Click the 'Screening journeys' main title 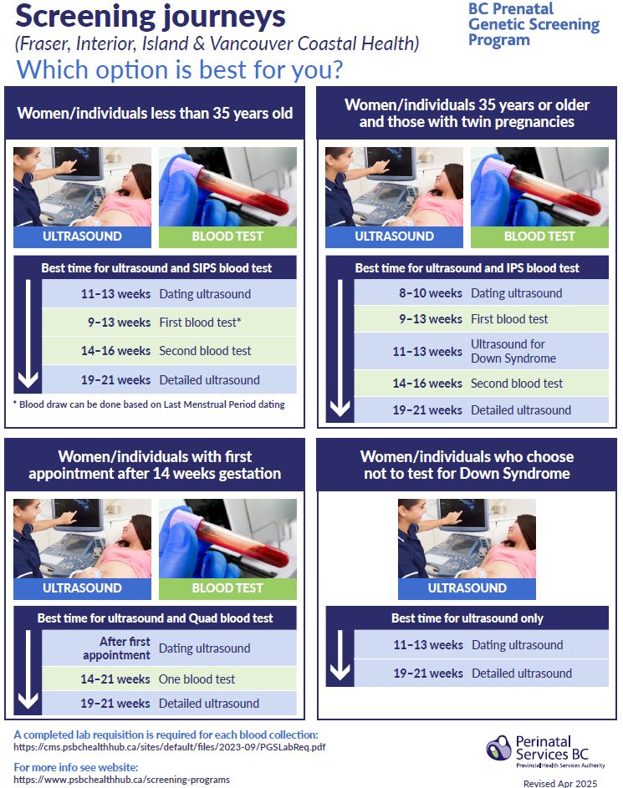click(x=151, y=17)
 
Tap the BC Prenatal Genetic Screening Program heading click(x=534, y=24)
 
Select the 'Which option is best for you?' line click(x=180, y=69)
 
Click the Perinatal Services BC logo click(x=545, y=752)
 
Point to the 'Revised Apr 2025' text click(x=560, y=783)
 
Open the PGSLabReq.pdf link click(x=170, y=747)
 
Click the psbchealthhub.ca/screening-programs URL click(x=122, y=780)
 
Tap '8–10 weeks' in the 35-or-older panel click(x=431, y=293)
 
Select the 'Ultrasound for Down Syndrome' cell click(x=513, y=351)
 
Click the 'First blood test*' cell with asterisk click(x=200, y=322)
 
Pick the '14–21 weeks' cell click(x=115, y=679)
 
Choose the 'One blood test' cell click(x=197, y=679)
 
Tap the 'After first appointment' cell click(x=116, y=648)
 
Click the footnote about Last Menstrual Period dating click(x=149, y=404)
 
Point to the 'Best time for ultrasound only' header click(x=467, y=618)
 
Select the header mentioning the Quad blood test click(x=155, y=618)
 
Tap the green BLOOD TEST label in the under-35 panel click(x=227, y=236)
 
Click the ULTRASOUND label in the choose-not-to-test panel click(x=467, y=588)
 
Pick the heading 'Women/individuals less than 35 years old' click(x=155, y=113)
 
